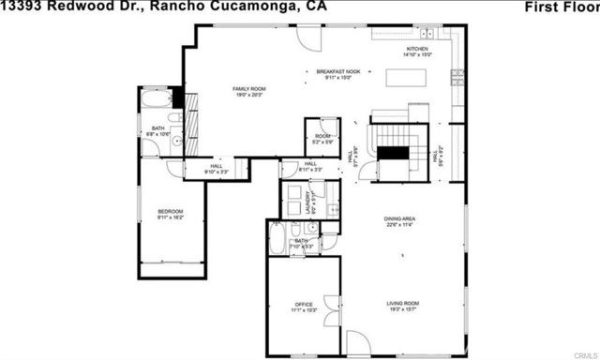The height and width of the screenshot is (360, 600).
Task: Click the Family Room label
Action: (246, 88)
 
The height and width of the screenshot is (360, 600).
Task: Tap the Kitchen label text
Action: (417, 49)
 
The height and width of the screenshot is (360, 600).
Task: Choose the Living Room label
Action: (405, 304)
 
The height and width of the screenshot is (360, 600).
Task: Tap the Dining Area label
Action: (399, 220)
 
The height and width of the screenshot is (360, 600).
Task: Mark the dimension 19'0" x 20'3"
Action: (246, 95)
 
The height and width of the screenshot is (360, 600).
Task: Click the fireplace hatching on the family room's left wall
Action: (193, 119)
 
